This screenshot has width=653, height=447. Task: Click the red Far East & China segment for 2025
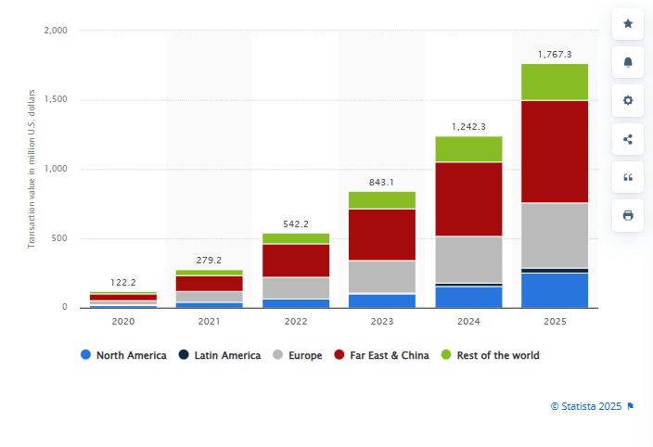[554, 151]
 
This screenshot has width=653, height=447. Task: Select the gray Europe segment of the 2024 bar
[468, 260]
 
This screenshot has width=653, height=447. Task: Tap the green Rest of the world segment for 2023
[382, 200]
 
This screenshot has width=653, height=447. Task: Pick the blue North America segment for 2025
[554, 289]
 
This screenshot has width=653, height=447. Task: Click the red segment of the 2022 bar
[296, 261]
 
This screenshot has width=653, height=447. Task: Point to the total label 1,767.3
[555, 55]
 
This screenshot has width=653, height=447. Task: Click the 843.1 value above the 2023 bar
[382, 182]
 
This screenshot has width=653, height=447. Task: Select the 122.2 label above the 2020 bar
[123, 281]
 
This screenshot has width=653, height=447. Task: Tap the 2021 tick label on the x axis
[210, 322]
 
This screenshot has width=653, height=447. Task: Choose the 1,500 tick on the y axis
[55, 100]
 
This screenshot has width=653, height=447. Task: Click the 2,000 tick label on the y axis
[55, 31]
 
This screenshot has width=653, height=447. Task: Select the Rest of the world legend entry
[496, 355]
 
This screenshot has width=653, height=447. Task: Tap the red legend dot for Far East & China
[339, 355]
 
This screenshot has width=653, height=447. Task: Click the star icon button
[628, 24]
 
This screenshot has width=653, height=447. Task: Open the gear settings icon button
[628, 100]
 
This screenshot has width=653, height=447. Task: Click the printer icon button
[628, 215]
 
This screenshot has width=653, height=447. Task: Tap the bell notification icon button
[628, 62]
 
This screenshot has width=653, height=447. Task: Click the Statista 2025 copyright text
[586, 405]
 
